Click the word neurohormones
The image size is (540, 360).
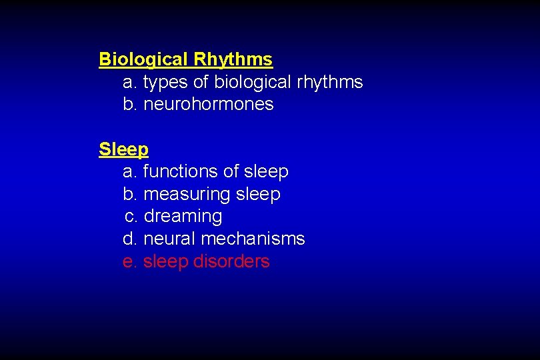click(x=209, y=105)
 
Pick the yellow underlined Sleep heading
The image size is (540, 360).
click(x=123, y=149)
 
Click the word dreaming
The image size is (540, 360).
click(x=183, y=217)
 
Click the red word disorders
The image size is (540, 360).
click(x=231, y=261)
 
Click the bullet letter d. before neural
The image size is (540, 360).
click(x=130, y=239)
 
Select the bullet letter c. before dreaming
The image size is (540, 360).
click(x=131, y=217)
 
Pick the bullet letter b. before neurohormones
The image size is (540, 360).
click(x=130, y=105)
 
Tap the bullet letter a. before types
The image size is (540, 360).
click(x=130, y=83)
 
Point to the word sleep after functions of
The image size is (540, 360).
click(x=266, y=172)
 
